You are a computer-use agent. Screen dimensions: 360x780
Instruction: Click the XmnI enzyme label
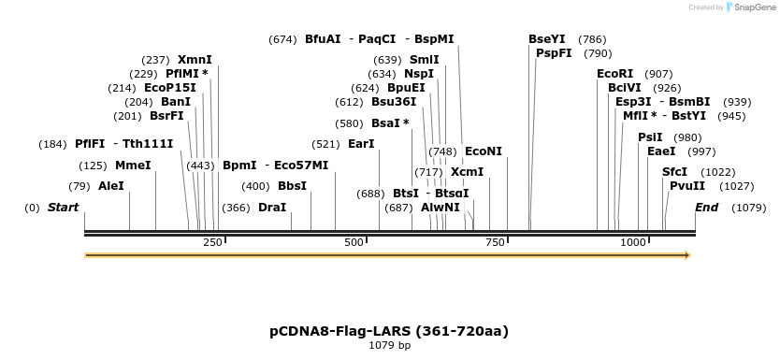coord(195,60)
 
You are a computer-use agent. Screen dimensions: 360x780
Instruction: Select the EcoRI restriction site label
coord(614,74)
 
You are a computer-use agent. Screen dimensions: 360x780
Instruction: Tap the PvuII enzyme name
coord(687,186)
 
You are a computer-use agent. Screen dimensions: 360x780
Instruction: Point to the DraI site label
coord(272,208)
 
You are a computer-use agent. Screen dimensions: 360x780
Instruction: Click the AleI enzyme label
coord(110,186)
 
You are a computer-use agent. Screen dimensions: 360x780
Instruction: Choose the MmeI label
coord(133,166)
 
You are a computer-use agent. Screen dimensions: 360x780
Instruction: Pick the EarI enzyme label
coord(361,144)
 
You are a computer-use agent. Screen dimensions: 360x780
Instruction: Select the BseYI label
coord(547,39)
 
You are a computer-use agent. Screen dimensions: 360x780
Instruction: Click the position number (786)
coord(592,39)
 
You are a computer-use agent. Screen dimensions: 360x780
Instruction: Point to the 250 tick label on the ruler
coord(212,243)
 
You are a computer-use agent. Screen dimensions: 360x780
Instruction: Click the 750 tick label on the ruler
coord(493,243)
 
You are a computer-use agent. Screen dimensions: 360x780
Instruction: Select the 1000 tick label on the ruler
coord(633,243)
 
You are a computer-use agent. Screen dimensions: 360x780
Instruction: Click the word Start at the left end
coord(63,208)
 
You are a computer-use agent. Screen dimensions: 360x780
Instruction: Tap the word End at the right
coord(706,208)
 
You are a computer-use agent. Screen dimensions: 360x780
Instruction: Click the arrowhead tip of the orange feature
coord(690,255)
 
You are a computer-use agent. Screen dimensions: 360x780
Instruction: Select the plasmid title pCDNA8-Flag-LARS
coord(389,331)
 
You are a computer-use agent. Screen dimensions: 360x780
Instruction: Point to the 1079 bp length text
coord(389,346)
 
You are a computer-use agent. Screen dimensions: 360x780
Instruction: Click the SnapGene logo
coord(749,7)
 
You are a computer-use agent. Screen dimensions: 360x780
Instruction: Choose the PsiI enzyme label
coord(650,137)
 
